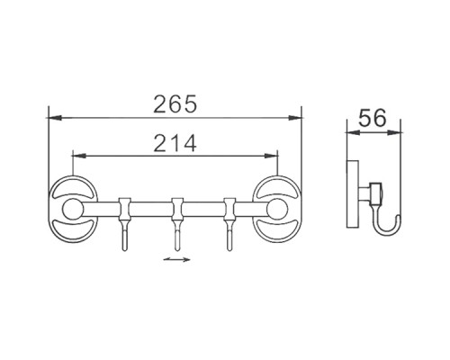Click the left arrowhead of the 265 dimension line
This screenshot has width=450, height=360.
[x=52, y=117]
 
